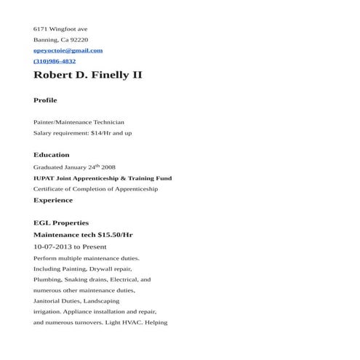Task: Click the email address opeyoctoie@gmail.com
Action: (68, 51)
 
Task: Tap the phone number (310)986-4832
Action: (55, 61)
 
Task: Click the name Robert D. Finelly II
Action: (88, 76)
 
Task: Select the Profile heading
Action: (45, 100)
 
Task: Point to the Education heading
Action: (52, 155)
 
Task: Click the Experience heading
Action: (53, 200)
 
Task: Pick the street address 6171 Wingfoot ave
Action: (60, 29)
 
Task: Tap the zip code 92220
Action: (79, 40)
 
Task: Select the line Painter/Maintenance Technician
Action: (79, 122)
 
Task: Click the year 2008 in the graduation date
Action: (108, 167)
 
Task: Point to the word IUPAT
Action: (44, 178)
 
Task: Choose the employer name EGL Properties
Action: (61, 223)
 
